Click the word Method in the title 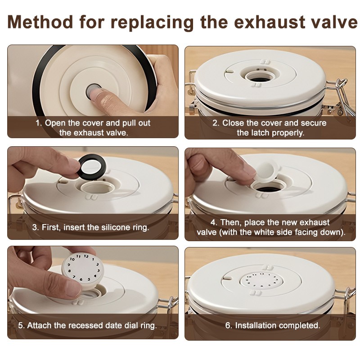[x=40, y=22]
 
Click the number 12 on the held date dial [x=86, y=256]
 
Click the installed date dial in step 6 [x=261, y=280]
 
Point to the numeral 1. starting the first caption [x=39, y=123]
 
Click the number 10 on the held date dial [x=72, y=259]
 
